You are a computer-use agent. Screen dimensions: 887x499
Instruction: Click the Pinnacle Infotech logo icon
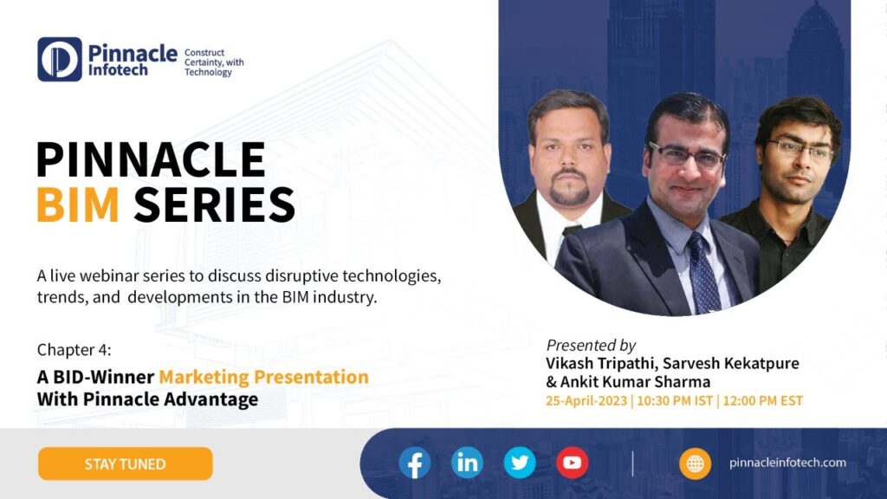click(60, 60)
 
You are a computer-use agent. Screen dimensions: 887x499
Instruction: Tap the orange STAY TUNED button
click(125, 464)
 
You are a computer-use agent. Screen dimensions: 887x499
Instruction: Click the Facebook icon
click(415, 463)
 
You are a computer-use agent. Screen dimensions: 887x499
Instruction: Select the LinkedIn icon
click(467, 463)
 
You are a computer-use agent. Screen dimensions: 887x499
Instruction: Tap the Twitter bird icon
click(520, 463)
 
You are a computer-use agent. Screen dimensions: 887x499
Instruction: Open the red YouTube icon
click(572, 463)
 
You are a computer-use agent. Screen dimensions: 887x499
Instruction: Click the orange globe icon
click(696, 464)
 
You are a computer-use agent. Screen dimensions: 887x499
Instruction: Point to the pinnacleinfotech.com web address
click(787, 463)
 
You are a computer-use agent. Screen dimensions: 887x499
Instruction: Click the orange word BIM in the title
click(78, 204)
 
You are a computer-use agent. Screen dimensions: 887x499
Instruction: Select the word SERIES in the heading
click(215, 204)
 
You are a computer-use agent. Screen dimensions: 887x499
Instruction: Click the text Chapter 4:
click(74, 350)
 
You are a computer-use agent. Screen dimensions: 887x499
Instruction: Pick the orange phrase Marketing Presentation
click(263, 377)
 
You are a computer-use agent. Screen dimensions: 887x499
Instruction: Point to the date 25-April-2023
click(586, 401)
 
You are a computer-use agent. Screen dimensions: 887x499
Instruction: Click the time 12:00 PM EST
click(762, 401)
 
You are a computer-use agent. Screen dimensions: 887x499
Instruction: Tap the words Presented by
click(591, 345)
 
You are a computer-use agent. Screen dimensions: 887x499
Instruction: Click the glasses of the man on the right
click(800, 149)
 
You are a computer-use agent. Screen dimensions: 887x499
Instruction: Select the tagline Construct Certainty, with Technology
click(214, 62)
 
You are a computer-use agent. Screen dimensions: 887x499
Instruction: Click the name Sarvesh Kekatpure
click(731, 363)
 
